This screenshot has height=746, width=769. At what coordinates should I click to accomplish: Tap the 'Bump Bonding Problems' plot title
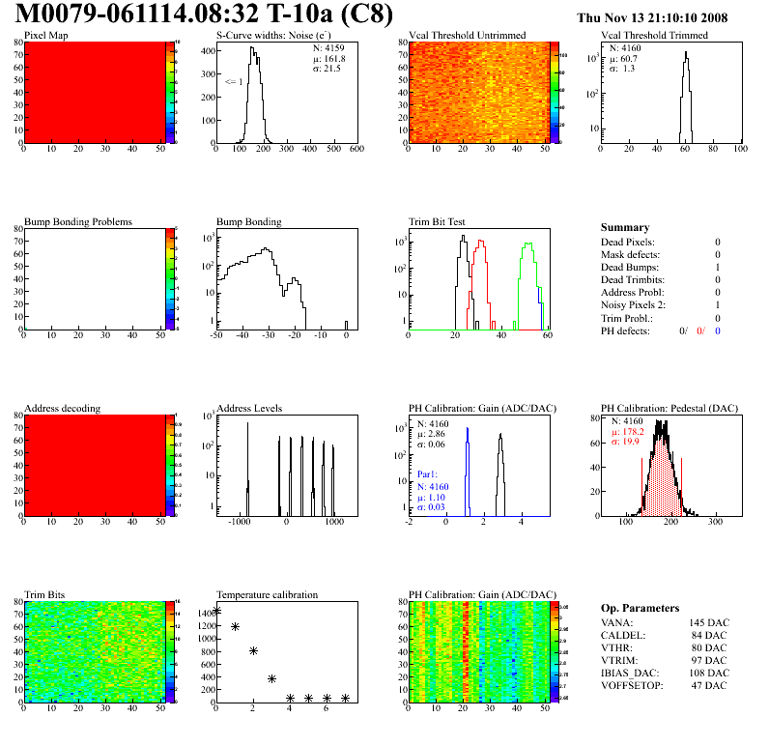coord(78,222)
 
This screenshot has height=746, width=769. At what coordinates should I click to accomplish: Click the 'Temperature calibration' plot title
coord(267,594)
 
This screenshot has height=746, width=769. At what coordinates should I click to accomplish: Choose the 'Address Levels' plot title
coord(250,409)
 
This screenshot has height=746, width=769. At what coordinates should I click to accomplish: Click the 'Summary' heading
coord(625,227)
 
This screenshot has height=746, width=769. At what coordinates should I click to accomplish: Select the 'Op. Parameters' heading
coord(640,608)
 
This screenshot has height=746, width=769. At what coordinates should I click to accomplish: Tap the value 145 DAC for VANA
coord(710,622)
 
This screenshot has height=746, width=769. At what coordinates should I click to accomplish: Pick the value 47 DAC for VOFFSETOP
coord(713,685)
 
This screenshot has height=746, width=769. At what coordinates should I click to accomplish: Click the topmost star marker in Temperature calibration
coord(216,611)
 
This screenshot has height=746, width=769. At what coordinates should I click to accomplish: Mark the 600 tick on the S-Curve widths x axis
coord(356,150)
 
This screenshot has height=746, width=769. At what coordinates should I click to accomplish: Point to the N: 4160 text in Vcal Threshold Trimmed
coord(628,47)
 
